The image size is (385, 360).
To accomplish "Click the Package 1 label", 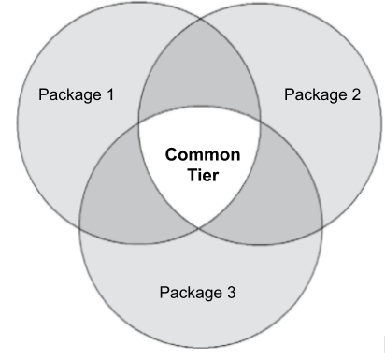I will click(x=76, y=94).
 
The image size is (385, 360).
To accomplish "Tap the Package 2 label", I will click(x=321, y=94).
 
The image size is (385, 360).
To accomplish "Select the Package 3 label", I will click(x=197, y=292).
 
